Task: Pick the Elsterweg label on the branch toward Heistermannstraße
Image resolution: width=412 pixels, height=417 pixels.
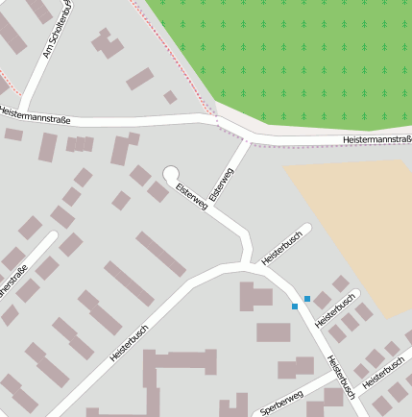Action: [222, 183]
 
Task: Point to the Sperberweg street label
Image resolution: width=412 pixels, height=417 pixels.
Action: [281, 403]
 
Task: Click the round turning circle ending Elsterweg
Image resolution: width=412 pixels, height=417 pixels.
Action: [172, 174]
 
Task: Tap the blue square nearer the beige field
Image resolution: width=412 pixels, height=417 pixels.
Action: [307, 299]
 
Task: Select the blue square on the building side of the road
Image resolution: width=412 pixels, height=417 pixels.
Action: [295, 307]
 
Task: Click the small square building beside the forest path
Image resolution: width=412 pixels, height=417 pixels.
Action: [170, 97]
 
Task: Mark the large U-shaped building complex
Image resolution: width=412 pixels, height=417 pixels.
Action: [178, 370]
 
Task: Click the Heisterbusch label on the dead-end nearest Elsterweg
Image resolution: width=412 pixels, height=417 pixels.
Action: [282, 246]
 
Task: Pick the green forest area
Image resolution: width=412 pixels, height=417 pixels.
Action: [298, 58]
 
